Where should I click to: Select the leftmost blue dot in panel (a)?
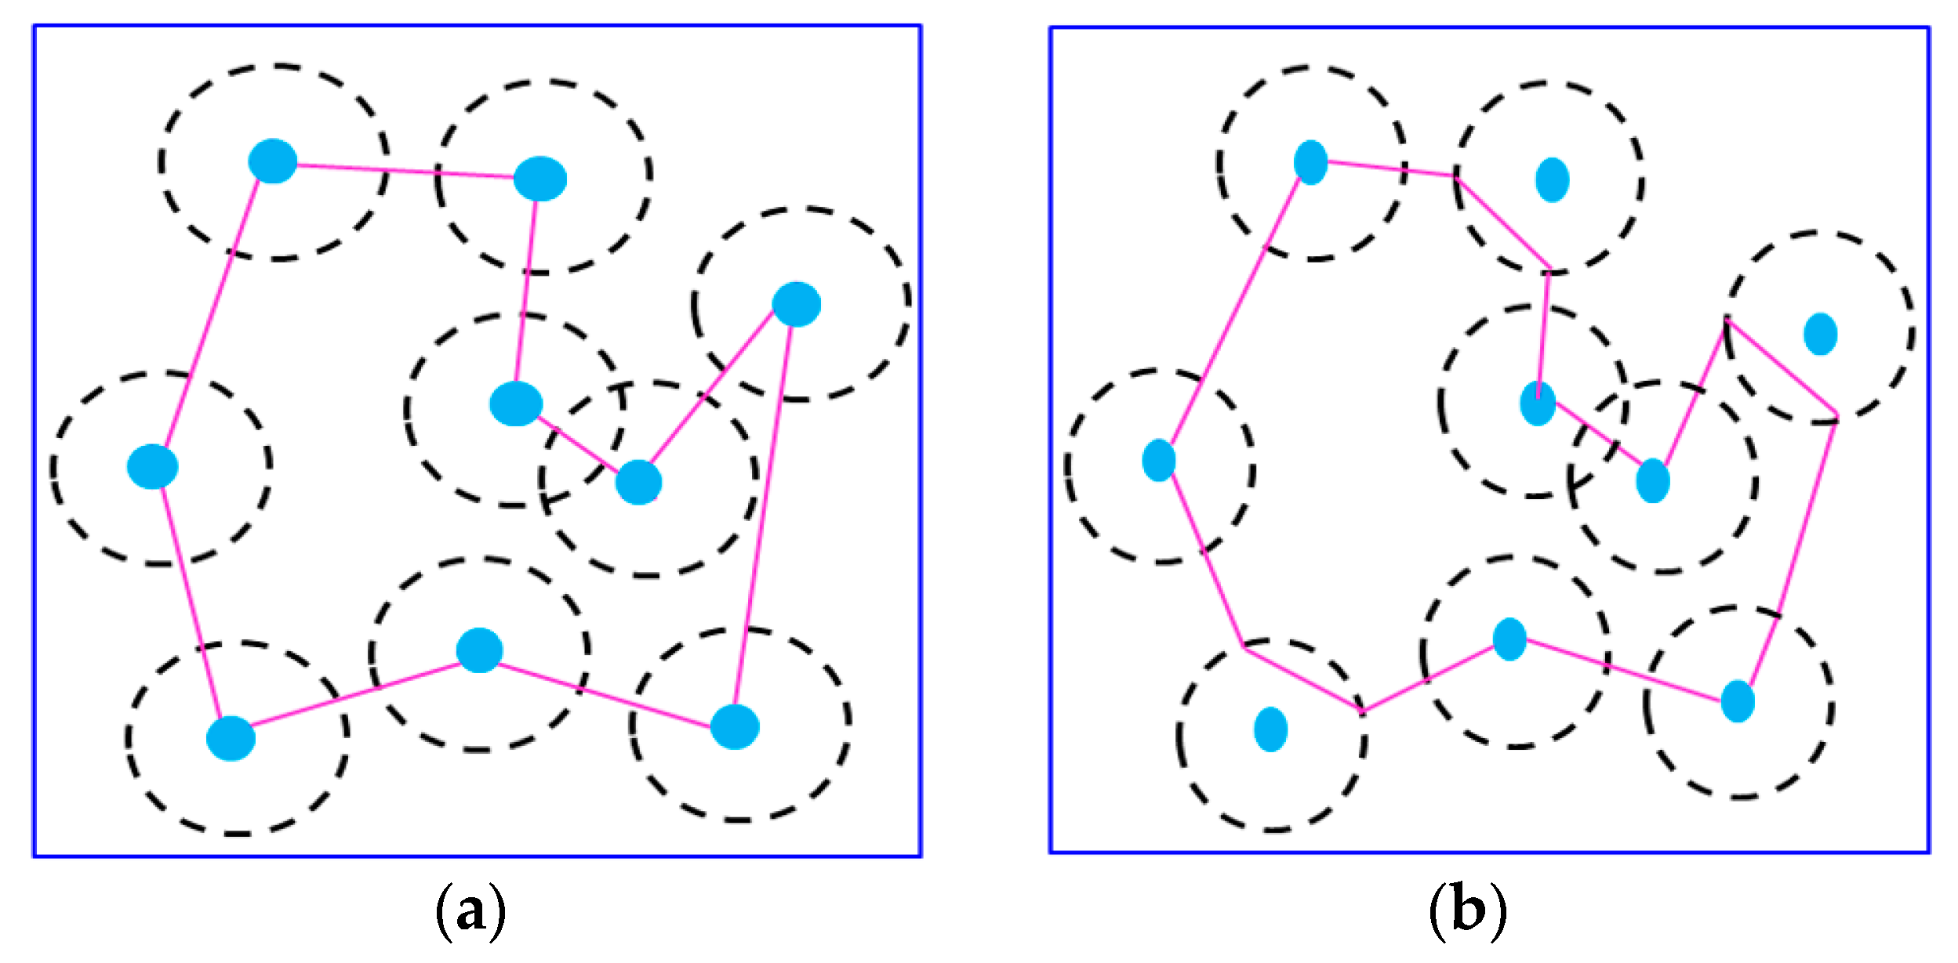coord(152,466)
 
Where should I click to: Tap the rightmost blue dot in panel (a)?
coord(796,304)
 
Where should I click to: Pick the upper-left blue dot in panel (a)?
coord(272,161)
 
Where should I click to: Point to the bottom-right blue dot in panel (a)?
coord(734,726)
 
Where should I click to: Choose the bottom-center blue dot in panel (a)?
coord(479,650)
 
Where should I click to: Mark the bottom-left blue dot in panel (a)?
coord(231,738)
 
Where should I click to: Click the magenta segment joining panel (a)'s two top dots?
coord(405,170)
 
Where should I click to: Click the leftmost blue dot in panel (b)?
coord(1158,460)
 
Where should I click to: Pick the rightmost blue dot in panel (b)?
coord(1820,334)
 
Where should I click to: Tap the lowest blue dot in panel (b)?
coord(1270,729)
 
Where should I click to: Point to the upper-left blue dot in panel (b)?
coord(1310,162)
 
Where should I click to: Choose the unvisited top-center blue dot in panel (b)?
coord(1552,179)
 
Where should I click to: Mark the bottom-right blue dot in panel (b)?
coord(1737,701)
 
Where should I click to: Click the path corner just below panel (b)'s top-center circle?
coord(1549,269)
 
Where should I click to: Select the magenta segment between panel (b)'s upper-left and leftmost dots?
coord(1234,311)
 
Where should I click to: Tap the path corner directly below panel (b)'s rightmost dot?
coord(1836,414)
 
